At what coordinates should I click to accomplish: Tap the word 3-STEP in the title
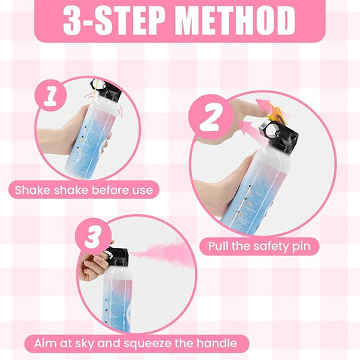(x=114, y=20)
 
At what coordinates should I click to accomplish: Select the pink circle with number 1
(x=51, y=95)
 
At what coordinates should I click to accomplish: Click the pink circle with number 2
(x=211, y=117)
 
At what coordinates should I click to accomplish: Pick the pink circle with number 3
(x=93, y=236)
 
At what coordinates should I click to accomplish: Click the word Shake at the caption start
(x=32, y=190)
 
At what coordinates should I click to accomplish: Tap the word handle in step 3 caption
(x=217, y=343)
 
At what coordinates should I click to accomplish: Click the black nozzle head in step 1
(x=106, y=91)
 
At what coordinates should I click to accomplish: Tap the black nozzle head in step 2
(x=279, y=136)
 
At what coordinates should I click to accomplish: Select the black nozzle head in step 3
(x=117, y=256)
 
